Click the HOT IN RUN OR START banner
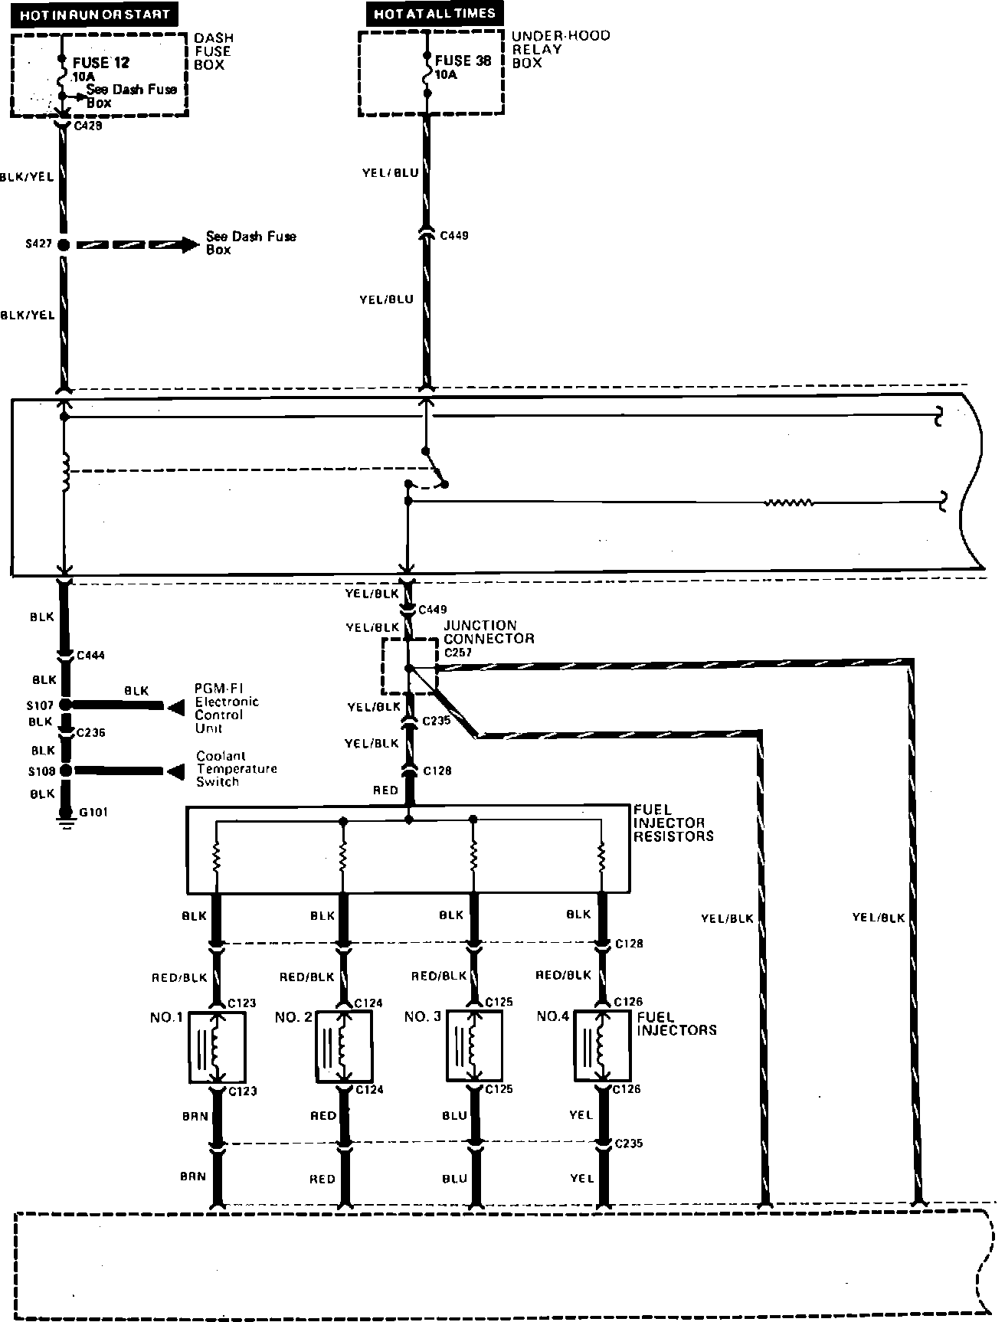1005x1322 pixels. pyautogui.click(x=94, y=15)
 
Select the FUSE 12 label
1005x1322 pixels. pyautogui.click(x=102, y=63)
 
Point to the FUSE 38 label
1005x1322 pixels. pyautogui.click(x=463, y=61)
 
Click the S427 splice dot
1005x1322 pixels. pyautogui.click(x=64, y=245)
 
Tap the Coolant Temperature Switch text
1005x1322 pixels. pyautogui.click(x=236, y=769)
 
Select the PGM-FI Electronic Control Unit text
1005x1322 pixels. pyautogui.click(x=227, y=708)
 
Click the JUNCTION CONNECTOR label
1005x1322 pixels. pyautogui.click(x=489, y=632)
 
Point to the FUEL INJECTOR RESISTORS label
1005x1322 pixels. pyautogui.click(x=673, y=823)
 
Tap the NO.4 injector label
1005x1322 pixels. pyautogui.click(x=552, y=1016)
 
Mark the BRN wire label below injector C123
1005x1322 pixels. pyautogui.click(x=195, y=1116)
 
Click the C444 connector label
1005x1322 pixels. pyautogui.click(x=91, y=656)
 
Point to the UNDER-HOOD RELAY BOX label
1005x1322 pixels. pyautogui.click(x=560, y=49)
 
